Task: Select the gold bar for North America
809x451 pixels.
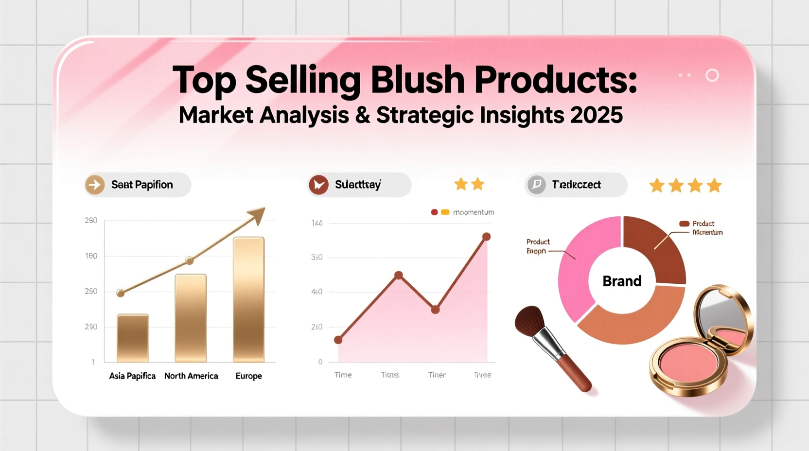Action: (191, 318)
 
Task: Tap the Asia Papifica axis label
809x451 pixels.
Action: (132, 376)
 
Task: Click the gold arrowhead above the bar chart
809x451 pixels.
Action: (258, 215)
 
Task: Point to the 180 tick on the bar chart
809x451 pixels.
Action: (91, 256)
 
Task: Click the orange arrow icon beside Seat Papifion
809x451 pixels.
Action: (95, 185)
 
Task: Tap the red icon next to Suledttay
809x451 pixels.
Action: (318, 185)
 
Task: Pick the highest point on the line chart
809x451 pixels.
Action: (486, 237)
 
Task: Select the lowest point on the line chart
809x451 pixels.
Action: (338, 340)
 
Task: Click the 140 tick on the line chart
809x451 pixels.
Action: (317, 223)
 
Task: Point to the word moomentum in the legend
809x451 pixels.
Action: (473, 212)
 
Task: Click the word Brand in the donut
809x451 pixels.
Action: (622, 281)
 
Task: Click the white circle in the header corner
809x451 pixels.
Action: (712, 75)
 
